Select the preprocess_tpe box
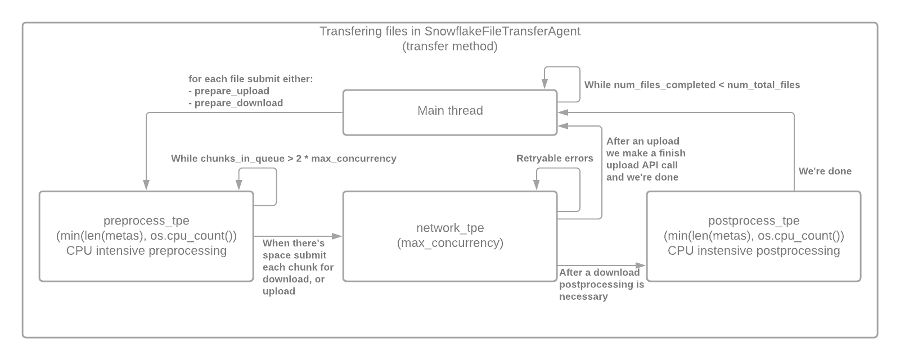[x=146, y=236]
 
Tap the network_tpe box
[x=450, y=236]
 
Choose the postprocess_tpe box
[x=754, y=236]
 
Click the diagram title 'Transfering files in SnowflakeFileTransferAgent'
[x=450, y=31]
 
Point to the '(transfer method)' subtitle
[x=450, y=46]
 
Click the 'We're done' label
[x=825, y=171]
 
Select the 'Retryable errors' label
[x=555, y=159]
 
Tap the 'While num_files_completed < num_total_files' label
[x=692, y=85]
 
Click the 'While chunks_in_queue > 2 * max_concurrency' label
[x=283, y=159]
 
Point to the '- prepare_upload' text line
[x=229, y=91]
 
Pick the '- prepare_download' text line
[x=236, y=103]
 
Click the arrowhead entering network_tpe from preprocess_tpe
[x=339, y=236]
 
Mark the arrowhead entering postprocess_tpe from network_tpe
[x=643, y=265]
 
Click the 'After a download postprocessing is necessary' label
[x=601, y=285]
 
